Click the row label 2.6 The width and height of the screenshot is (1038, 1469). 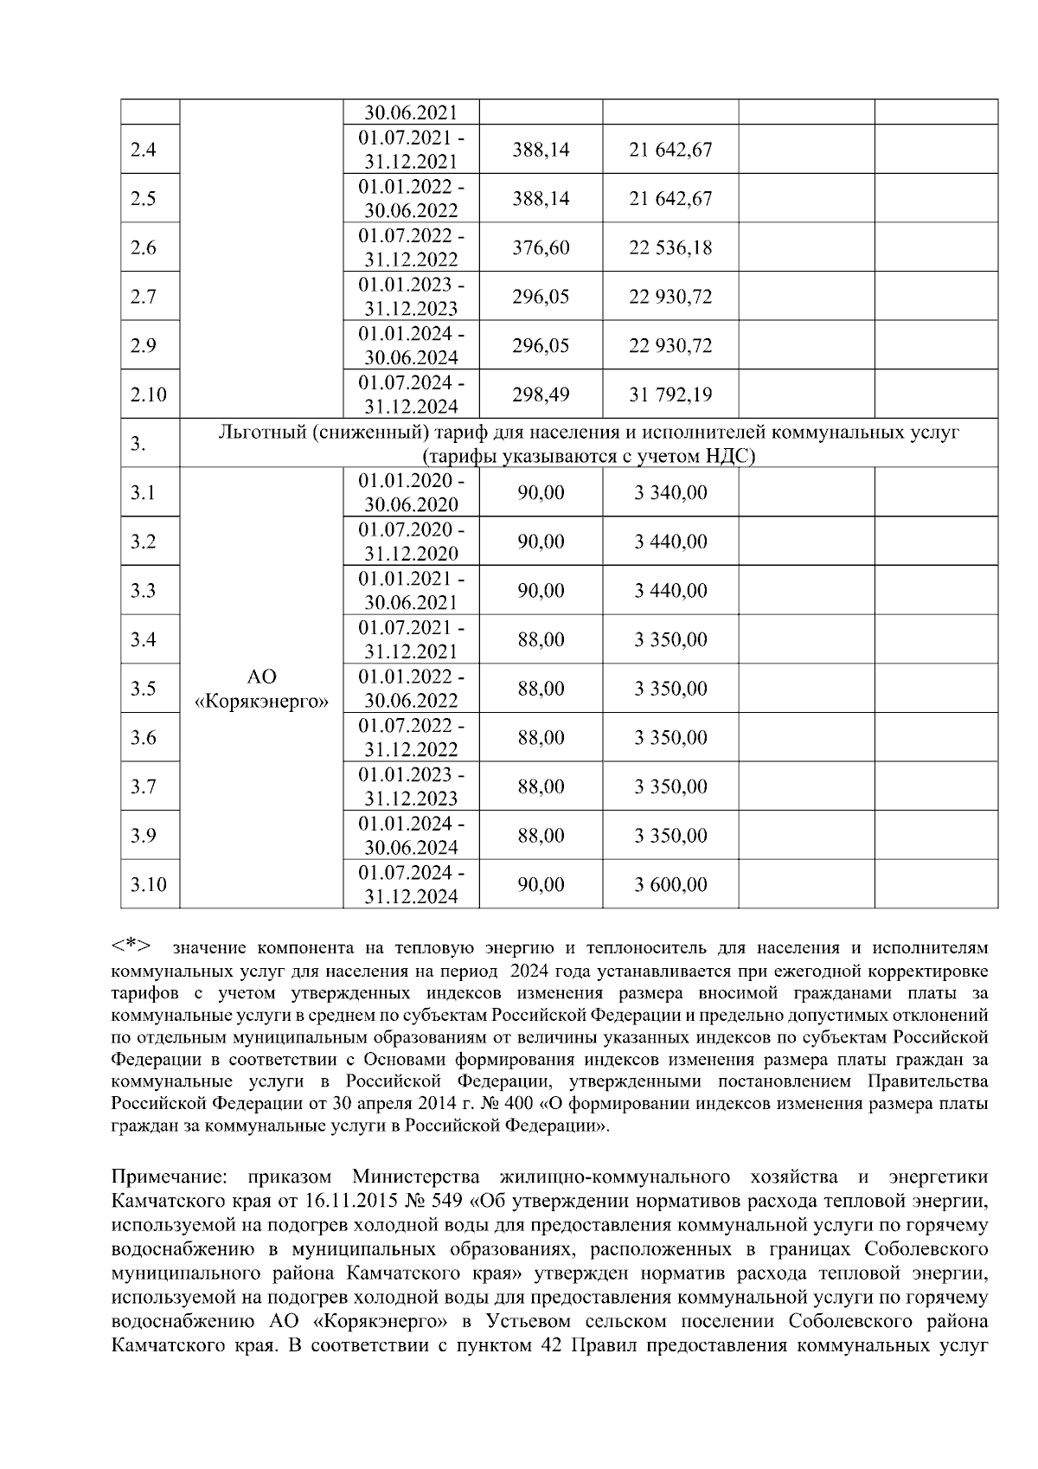pos(143,248)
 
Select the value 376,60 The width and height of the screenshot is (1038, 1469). pos(541,248)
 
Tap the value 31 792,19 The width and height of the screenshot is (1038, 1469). pos(670,395)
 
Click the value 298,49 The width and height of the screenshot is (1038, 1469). pos(541,395)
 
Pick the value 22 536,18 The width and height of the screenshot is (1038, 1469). pos(670,248)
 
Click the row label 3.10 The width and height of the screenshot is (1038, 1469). pos(148,885)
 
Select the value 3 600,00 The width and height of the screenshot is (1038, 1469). pos(670,885)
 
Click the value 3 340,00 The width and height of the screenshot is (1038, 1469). pos(670,493)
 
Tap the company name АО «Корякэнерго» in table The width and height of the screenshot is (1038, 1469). pos(262,690)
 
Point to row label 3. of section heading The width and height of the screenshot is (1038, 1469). pos(138,445)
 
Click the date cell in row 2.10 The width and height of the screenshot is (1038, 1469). pos(411,395)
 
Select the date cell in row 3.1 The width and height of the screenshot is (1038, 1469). pos(411,493)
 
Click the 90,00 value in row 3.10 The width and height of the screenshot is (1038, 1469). pos(541,885)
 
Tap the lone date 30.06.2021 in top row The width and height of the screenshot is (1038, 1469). pos(411,113)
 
